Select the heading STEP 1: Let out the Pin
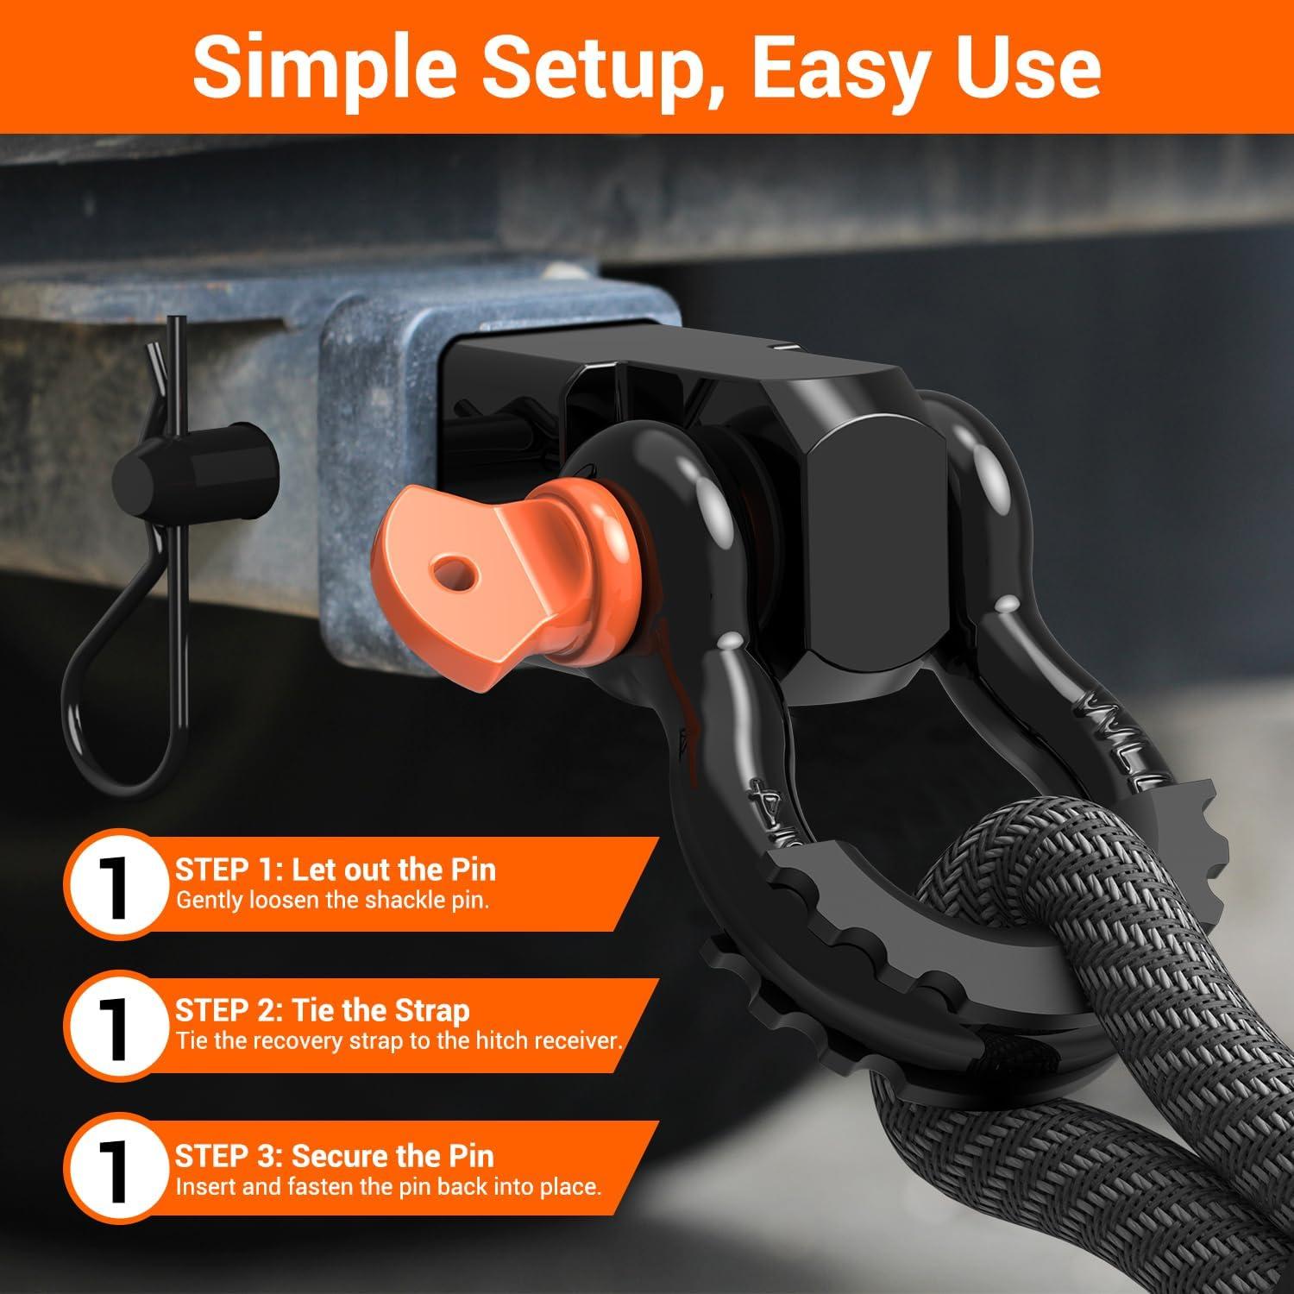pyautogui.click(x=336, y=869)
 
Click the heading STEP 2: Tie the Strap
pyautogui.click(x=322, y=1010)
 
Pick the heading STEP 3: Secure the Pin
pyautogui.click(x=335, y=1155)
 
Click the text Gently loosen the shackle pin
pyautogui.click(x=333, y=901)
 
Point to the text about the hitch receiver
pyautogui.click(x=399, y=1040)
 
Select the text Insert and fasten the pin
pyautogui.click(x=388, y=1186)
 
